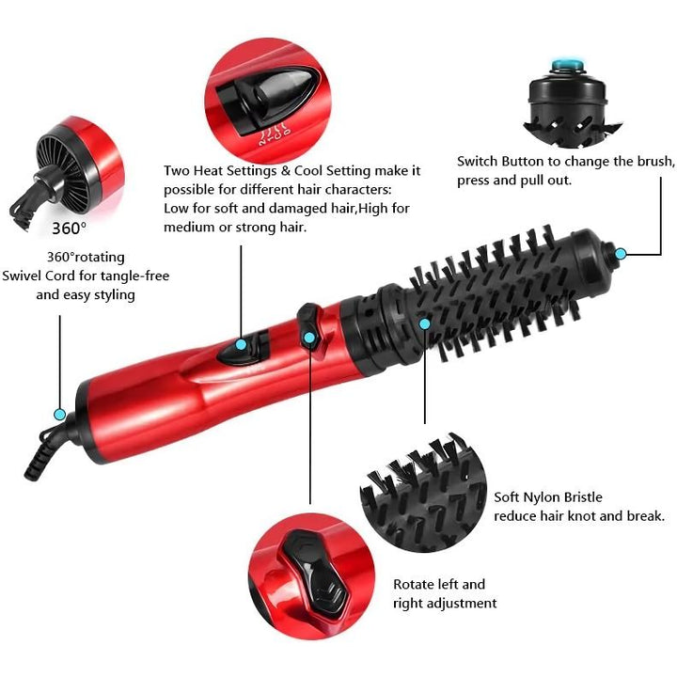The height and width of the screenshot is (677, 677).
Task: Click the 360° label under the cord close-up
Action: pos(69,228)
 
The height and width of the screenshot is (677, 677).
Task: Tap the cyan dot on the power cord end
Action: pos(60,414)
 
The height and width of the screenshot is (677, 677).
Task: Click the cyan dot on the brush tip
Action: pos(621,252)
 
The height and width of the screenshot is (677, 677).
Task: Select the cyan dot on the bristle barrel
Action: pos(425,323)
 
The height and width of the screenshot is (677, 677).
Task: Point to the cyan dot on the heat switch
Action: pos(241,344)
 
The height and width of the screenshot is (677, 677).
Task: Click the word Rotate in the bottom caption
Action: pos(415,585)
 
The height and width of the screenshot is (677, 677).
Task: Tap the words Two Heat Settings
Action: pos(220,170)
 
